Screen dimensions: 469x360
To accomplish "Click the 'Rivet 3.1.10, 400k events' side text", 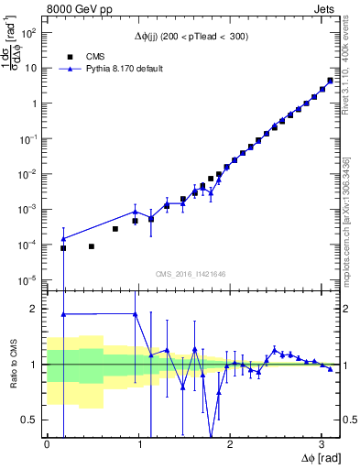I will tap(348, 69).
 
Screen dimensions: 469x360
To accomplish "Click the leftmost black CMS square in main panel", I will tap(63, 248).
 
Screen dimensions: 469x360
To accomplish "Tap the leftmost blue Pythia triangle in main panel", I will tap(63, 238).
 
